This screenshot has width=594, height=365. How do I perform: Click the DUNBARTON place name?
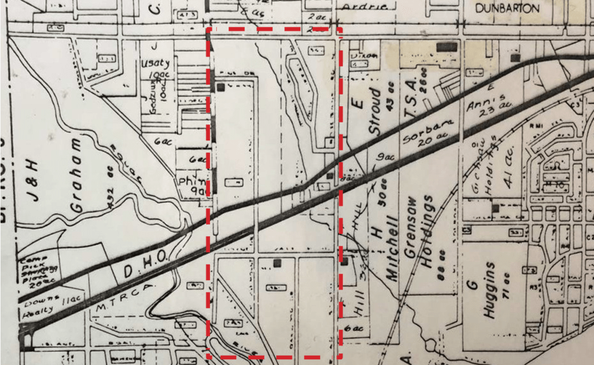[507, 9]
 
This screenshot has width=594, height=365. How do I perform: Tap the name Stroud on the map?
[376, 110]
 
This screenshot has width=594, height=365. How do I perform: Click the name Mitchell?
[393, 250]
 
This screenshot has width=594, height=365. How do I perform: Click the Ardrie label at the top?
[359, 6]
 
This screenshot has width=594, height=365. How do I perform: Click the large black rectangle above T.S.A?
[447, 46]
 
